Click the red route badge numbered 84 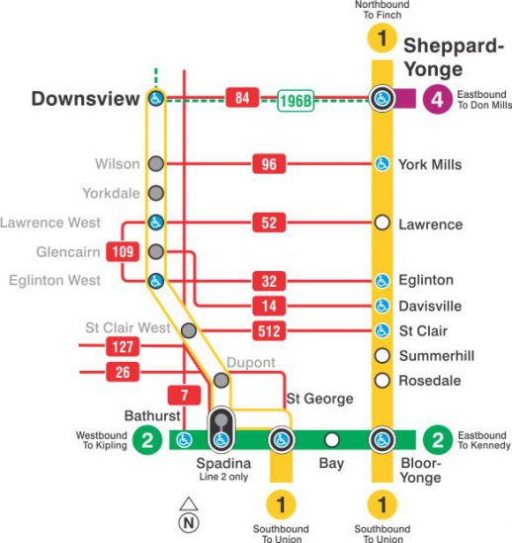(x=242, y=98)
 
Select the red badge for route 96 (x=269, y=164)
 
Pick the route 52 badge (x=269, y=224)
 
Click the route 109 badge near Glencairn (x=123, y=252)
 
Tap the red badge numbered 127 (x=123, y=346)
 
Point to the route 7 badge (x=185, y=394)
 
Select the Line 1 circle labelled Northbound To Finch (x=382, y=40)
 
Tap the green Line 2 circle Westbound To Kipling (x=147, y=440)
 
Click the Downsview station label (x=84, y=99)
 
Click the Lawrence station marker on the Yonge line (x=382, y=224)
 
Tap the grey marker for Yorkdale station (x=155, y=193)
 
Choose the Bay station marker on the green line (x=332, y=440)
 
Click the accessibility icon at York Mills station (x=382, y=164)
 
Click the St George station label (x=319, y=399)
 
